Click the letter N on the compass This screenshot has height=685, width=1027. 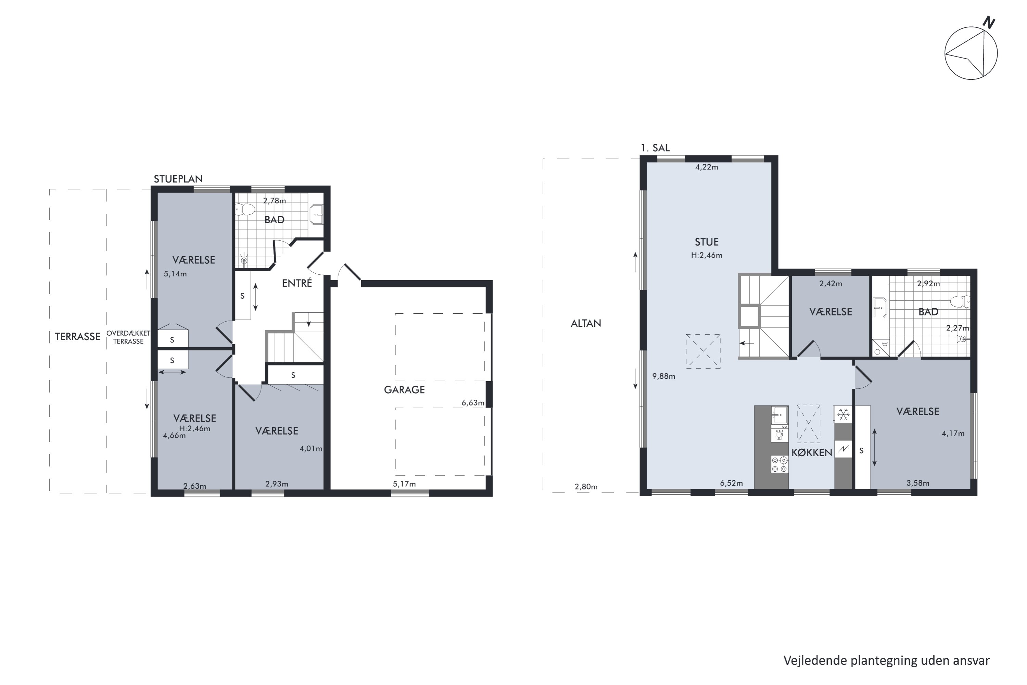click(989, 23)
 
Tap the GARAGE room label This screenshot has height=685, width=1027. click(404, 390)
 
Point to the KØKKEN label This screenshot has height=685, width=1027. click(812, 452)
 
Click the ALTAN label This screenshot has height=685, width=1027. click(586, 323)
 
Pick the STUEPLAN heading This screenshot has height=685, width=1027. click(178, 179)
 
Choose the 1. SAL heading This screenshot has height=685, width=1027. click(655, 148)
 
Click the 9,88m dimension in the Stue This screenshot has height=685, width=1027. click(664, 376)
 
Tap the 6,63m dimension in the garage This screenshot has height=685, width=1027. click(473, 403)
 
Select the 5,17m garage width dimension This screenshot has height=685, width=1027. click(404, 484)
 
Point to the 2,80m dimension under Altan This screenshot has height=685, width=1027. click(586, 486)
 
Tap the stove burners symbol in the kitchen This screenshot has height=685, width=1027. click(779, 464)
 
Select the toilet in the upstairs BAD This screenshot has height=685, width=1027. click(961, 301)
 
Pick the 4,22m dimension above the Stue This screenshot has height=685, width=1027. click(707, 167)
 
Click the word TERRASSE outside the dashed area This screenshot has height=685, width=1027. click(77, 336)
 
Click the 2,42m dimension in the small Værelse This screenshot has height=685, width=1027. click(831, 284)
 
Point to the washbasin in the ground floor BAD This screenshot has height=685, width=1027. click(317, 214)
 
